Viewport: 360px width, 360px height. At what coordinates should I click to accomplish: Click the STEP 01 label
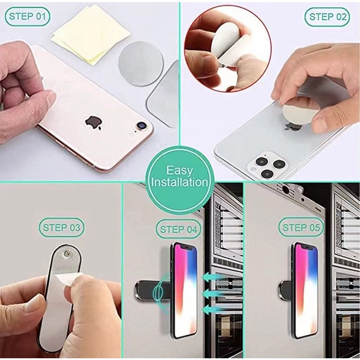(x=27, y=17)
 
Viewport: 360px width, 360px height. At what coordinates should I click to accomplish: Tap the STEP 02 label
(x=327, y=17)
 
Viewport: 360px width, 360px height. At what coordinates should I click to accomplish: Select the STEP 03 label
(x=61, y=227)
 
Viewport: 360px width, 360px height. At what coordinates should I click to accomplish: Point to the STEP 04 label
(x=178, y=229)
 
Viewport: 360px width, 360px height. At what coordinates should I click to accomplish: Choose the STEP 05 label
(x=301, y=227)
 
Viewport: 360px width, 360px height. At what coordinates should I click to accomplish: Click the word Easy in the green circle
(x=180, y=170)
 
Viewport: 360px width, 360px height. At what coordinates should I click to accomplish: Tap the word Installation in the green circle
(x=180, y=182)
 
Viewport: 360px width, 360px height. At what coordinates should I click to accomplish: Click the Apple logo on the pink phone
(x=93, y=123)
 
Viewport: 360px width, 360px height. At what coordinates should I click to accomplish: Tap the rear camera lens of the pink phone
(x=142, y=126)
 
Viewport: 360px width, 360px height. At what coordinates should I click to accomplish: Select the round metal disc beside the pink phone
(x=141, y=63)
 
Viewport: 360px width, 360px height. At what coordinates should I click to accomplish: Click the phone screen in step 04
(x=186, y=290)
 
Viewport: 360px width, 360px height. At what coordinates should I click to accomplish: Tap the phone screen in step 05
(x=306, y=290)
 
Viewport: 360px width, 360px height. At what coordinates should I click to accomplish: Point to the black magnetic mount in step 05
(x=285, y=291)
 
